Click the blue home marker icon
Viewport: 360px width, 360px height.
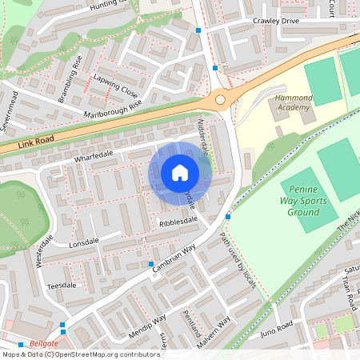pos(180,173)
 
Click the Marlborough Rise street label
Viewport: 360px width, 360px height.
pos(113,110)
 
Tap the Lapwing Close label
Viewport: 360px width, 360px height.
pos(115,86)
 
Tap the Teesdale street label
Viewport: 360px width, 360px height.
pos(66,285)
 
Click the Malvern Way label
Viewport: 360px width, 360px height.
pos(213,330)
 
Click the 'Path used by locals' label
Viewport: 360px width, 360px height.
pos(238,265)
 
